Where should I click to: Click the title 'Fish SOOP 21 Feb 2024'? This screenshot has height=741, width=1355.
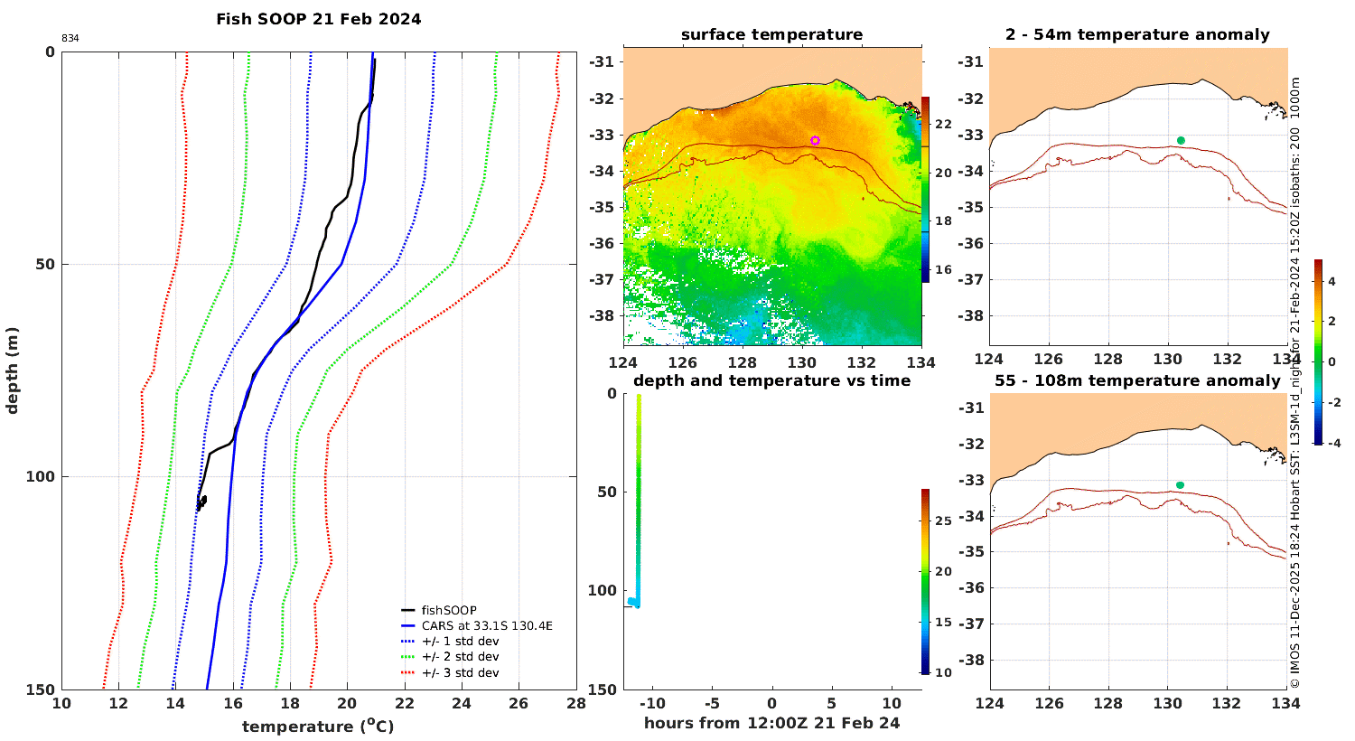[319, 19]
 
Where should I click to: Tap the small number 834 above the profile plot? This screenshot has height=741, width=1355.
[70, 38]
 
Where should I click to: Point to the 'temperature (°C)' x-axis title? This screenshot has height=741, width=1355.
[318, 726]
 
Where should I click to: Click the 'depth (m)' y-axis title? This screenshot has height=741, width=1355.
[12, 370]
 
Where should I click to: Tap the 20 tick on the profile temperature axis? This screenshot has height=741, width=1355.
[347, 703]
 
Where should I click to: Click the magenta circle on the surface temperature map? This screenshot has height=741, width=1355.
[815, 140]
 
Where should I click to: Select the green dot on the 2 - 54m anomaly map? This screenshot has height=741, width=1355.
[1181, 140]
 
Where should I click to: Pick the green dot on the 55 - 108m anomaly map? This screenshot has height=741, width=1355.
[1180, 485]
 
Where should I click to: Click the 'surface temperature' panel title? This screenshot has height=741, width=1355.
[771, 34]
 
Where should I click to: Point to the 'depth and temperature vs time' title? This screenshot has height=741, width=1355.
[771, 380]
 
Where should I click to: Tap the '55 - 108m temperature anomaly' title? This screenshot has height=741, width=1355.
[1138, 380]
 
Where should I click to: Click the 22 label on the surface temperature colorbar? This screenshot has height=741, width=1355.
[944, 124]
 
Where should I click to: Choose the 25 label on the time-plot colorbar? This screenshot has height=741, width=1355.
[944, 521]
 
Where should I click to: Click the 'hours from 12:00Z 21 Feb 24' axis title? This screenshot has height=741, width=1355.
[771, 723]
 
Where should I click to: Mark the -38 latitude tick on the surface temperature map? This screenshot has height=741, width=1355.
[601, 315]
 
